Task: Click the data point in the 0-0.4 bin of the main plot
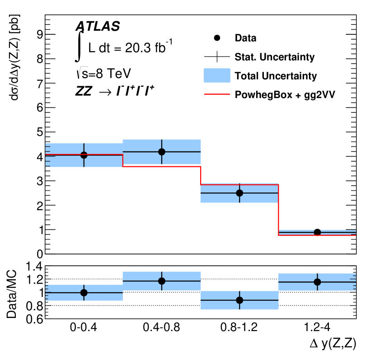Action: pyautogui.click(x=84, y=155)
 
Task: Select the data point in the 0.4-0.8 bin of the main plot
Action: pyautogui.click(x=161, y=152)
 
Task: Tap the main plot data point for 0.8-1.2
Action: pyautogui.click(x=239, y=193)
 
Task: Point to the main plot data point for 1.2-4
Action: pyautogui.click(x=317, y=232)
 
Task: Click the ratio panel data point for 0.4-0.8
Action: pyautogui.click(x=161, y=281)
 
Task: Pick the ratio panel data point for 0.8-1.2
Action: pyautogui.click(x=239, y=300)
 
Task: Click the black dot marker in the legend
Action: pyautogui.click(x=217, y=38)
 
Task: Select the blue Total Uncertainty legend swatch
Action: pyautogui.click(x=217, y=75)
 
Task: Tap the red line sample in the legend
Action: pyautogui.click(x=217, y=94)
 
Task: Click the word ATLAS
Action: pyautogui.click(x=98, y=27)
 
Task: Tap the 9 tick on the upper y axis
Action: pyautogui.click(x=39, y=34)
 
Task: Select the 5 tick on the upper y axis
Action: pyautogui.click(x=39, y=132)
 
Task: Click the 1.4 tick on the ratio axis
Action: pyautogui.click(x=35, y=266)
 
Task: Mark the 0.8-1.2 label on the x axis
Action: pyautogui.click(x=239, y=327)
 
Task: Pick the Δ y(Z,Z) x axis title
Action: pyautogui.click(x=333, y=344)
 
